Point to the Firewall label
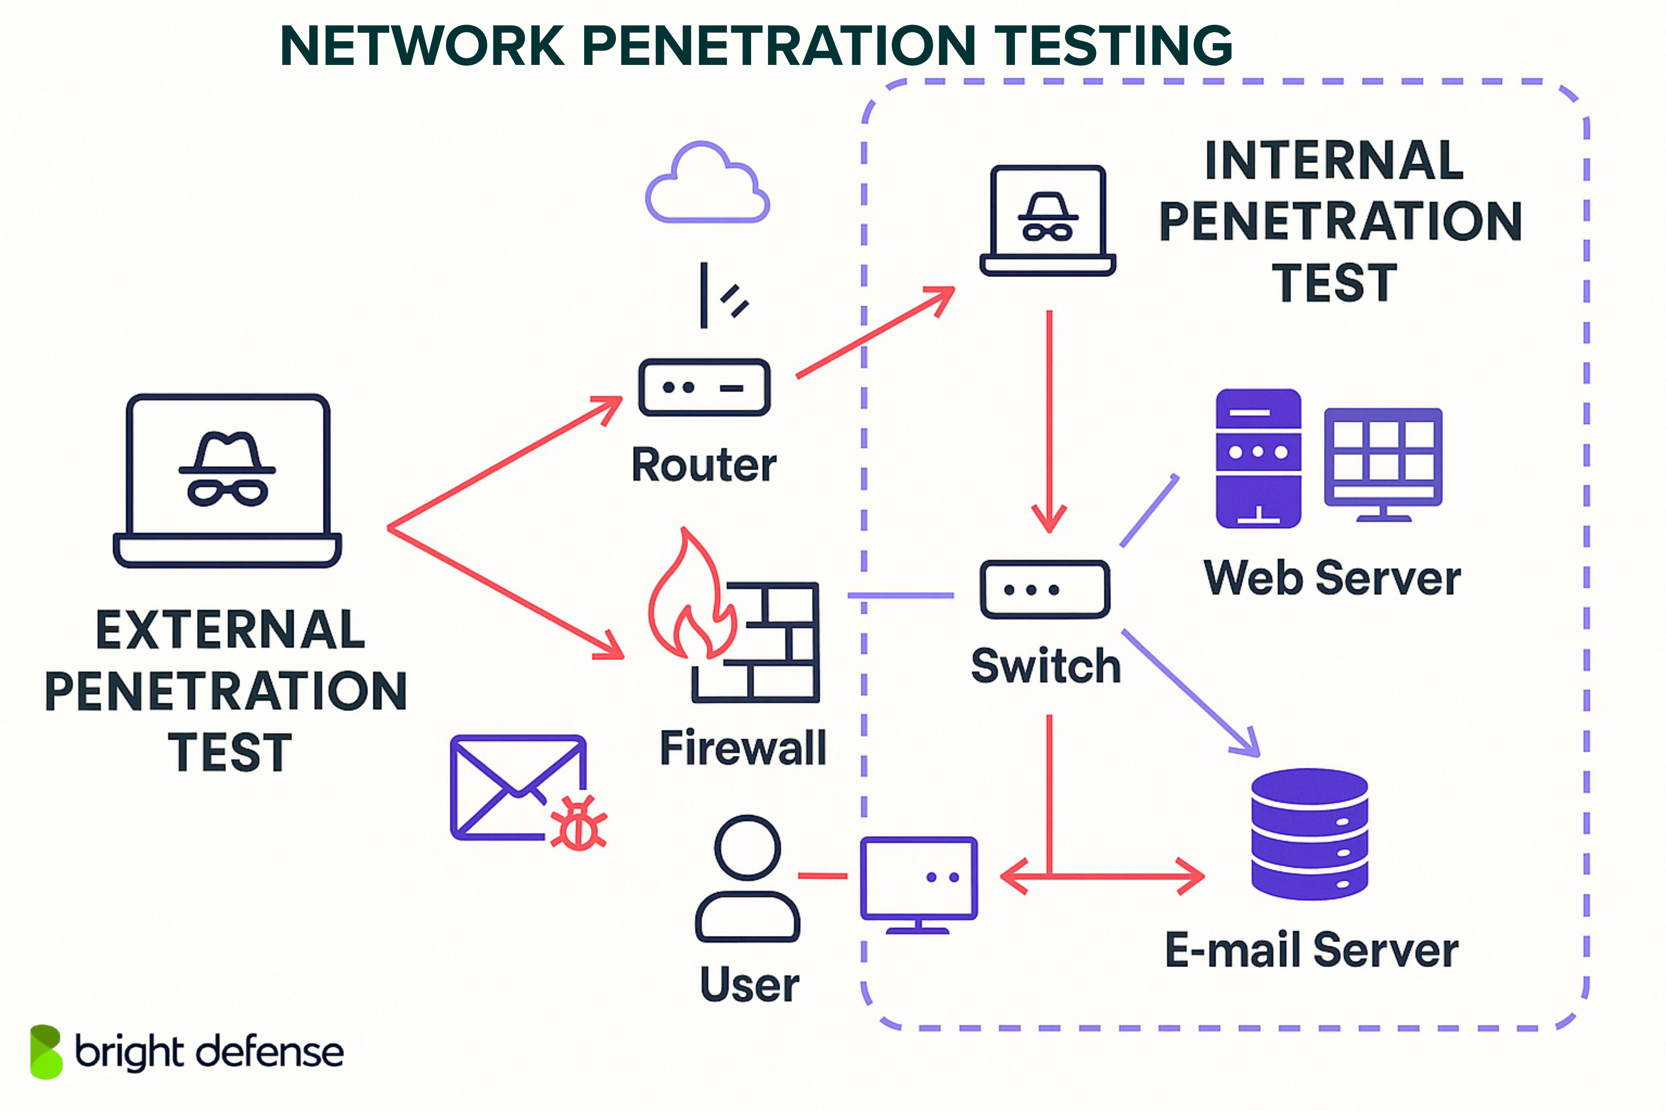pos(742,748)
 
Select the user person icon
pos(747,879)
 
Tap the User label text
pos(749,985)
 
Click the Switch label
pos(1045,666)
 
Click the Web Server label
pos(1332,578)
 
